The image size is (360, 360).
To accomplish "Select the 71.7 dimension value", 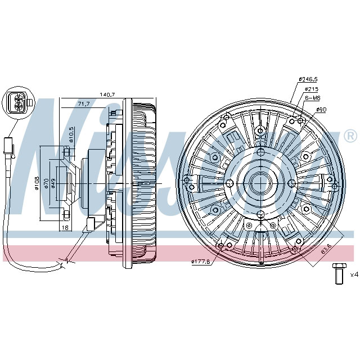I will [x=84, y=104].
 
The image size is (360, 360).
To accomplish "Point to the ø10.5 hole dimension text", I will [x=71, y=135].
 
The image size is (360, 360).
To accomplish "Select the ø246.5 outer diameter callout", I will [x=308, y=79].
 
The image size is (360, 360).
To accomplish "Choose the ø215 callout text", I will [x=312, y=88].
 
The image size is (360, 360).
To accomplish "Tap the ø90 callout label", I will [x=321, y=109].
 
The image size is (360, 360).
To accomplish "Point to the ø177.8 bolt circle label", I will [x=201, y=261].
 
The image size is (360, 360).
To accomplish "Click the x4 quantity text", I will [x=354, y=274].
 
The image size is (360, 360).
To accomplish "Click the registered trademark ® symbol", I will [x=349, y=136].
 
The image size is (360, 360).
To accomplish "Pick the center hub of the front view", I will [x=260, y=183].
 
